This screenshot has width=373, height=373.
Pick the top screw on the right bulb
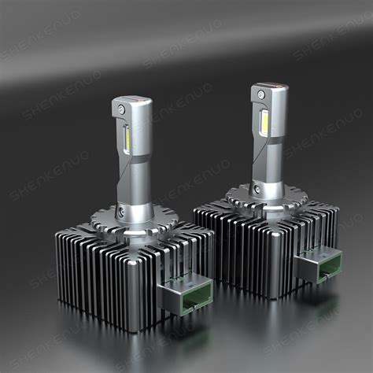pos(260,94)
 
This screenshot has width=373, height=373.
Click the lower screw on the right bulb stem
pos(257,190)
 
